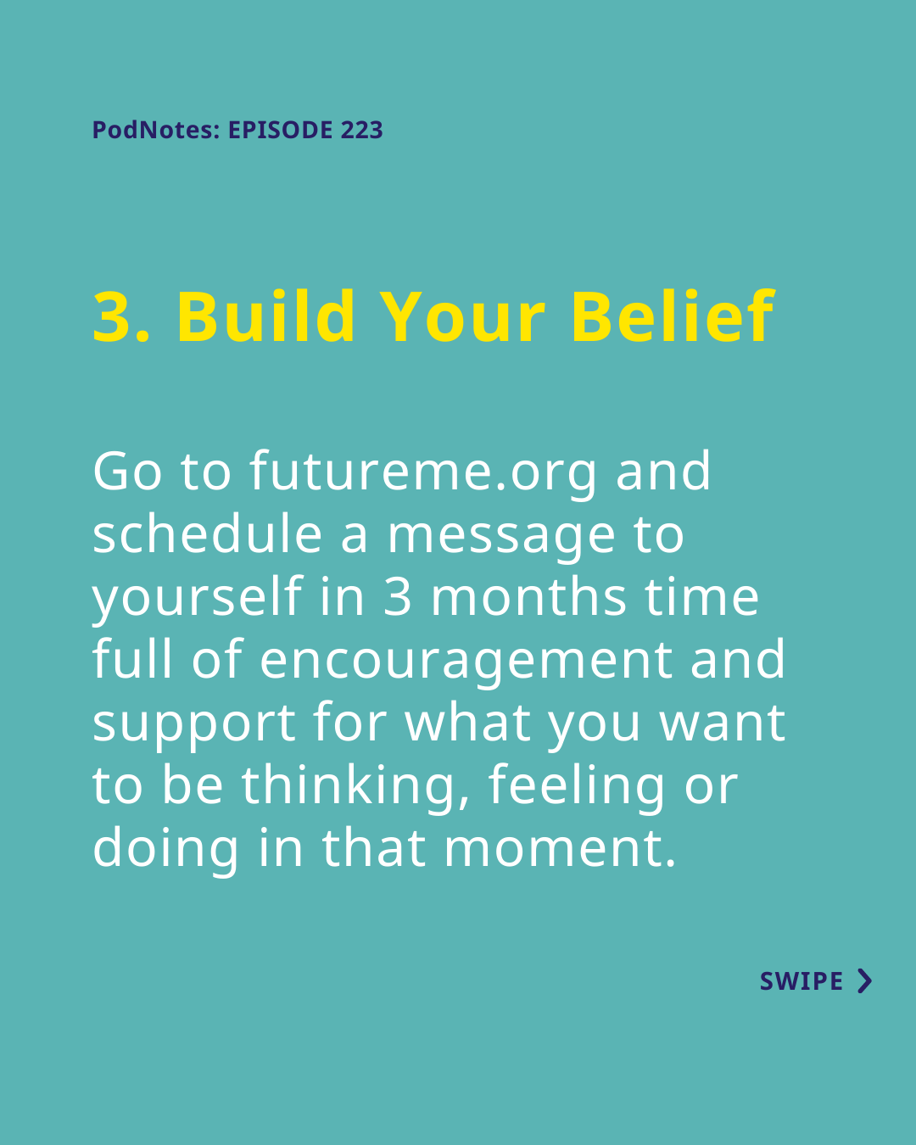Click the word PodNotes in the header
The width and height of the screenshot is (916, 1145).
point(156,130)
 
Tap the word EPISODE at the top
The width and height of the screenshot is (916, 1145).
point(281,130)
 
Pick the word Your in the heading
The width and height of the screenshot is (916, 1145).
point(462,317)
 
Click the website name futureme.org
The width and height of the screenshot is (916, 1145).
point(423,473)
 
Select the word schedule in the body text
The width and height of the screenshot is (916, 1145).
point(208,533)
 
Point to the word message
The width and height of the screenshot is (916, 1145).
point(501,539)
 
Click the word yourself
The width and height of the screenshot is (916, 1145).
point(198,598)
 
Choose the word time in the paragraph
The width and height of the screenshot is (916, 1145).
point(702,596)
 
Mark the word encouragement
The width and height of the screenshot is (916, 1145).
point(466,663)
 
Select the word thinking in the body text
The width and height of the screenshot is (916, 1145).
point(355,788)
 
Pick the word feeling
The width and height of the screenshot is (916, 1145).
point(577,788)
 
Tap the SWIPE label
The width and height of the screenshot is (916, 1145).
point(801,981)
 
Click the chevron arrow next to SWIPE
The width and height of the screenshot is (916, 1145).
point(865,981)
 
